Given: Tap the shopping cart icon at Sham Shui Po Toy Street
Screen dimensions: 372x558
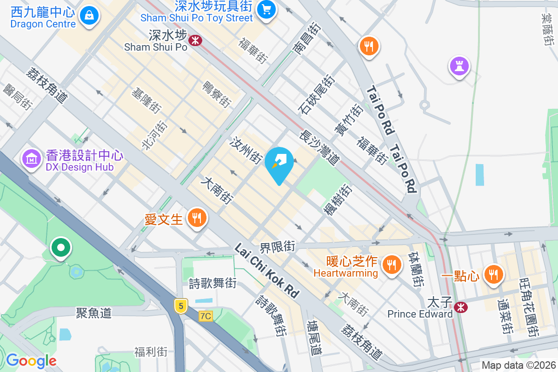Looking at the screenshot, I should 266,9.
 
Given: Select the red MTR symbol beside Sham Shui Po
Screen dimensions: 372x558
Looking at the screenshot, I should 195,40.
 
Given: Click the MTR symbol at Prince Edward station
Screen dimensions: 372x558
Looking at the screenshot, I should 461,307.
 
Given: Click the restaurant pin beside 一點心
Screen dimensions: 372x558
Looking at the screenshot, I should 493,275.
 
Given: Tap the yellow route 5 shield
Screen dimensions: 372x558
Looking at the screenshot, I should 181,306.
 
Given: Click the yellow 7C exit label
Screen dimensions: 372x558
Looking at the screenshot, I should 205,316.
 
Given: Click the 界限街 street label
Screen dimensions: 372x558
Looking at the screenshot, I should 278,246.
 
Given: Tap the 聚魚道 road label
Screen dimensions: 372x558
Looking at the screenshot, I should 94,312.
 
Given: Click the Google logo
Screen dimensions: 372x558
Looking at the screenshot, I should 31,361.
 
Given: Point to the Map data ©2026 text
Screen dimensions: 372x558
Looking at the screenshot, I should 518,365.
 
